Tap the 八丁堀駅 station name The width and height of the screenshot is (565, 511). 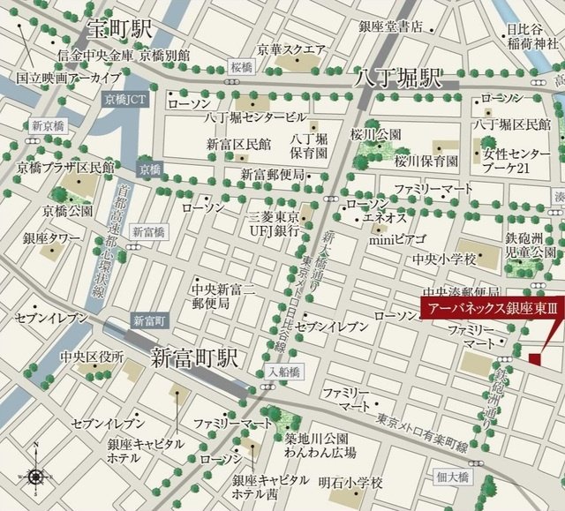pos(397,78)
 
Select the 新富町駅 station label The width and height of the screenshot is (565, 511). pos(194,357)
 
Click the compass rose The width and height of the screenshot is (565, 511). pos(34,477)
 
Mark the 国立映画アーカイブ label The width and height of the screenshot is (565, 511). pos(63,77)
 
